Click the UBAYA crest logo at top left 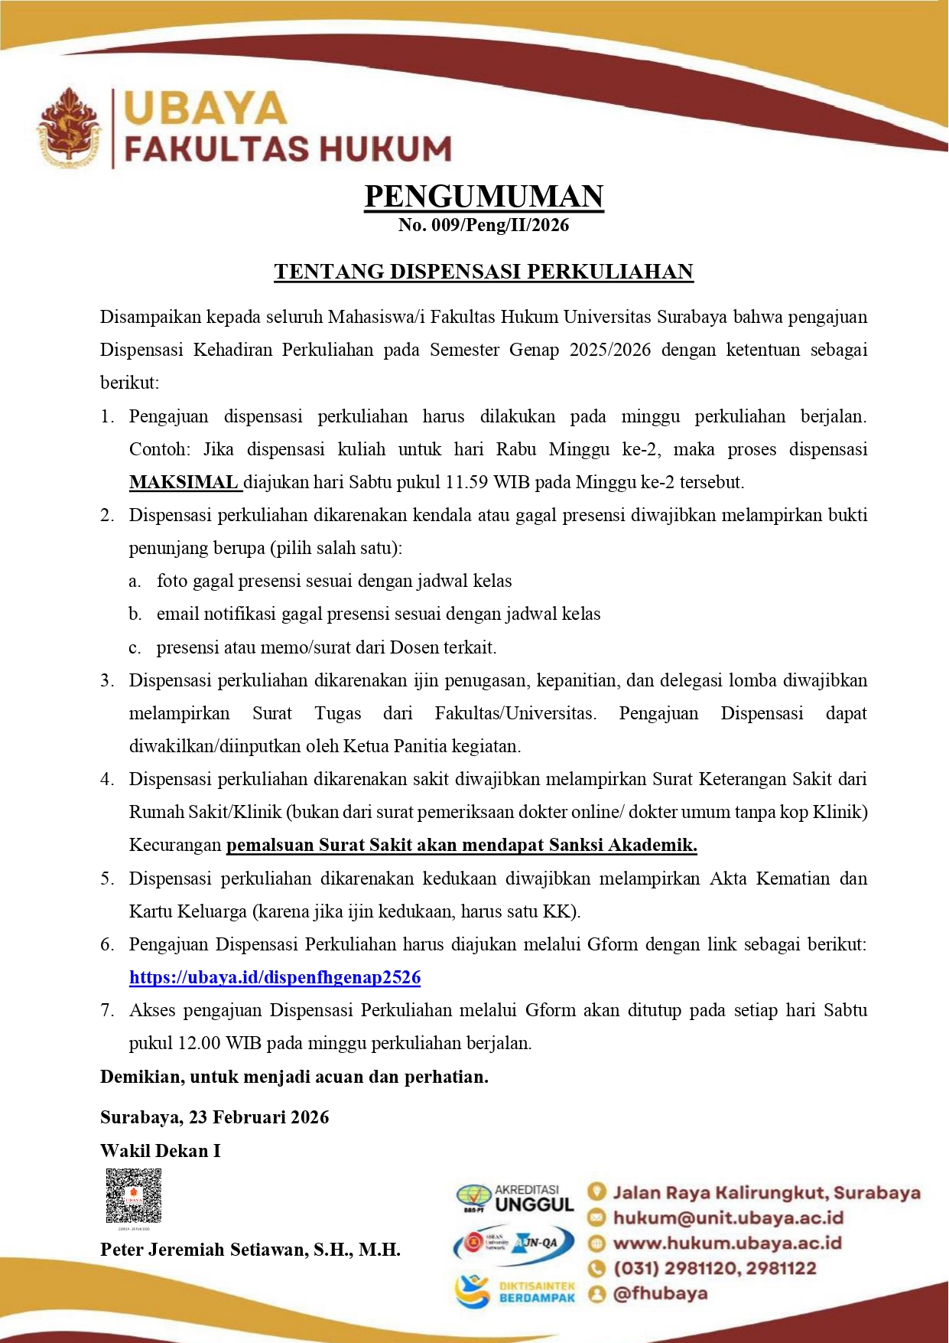pyautogui.click(x=69, y=128)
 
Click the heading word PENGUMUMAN pyautogui.click(x=484, y=197)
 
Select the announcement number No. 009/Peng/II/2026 pyautogui.click(x=484, y=225)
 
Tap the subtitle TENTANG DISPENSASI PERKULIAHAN pyautogui.click(x=484, y=272)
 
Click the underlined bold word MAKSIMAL pyautogui.click(x=184, y=482)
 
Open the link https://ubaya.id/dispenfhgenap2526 pyautogui.click(x=275, y=977)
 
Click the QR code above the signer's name pyautogui.click(x=134, y=1195)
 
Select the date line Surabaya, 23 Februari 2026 pyautogui.click(x=215, y=1117)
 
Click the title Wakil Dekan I pyautogui.click(x=161, y=1151)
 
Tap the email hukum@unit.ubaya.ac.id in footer pyautogui.click(x=728, y=1218)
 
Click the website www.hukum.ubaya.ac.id pyautogui.click(x=727, y=1243)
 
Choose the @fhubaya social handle pyautogui.click(x=660, y=1293)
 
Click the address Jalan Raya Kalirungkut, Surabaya pyautogui.click(x=766, y=1192)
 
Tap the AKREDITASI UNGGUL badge pyautogui.click(x=517, y=1198)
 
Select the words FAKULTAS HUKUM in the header pyautogui.click(x=288, y=148)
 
